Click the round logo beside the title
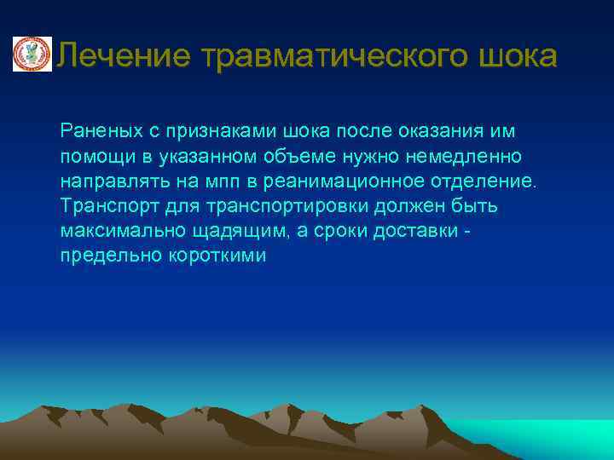32,55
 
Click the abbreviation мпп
222,181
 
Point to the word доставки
428,231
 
